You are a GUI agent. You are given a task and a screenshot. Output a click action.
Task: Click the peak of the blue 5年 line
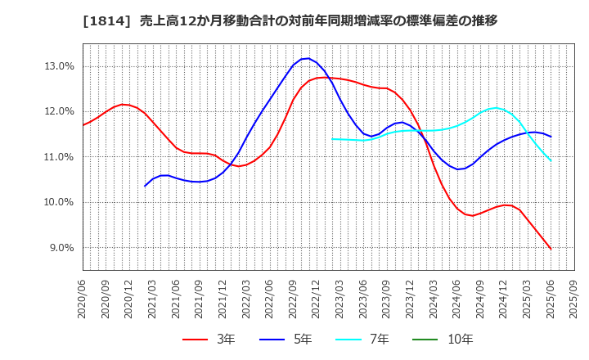point(306,58)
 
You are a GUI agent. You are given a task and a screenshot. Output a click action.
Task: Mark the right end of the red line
point(551,249)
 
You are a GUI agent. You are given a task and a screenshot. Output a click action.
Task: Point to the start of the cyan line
point(332,139)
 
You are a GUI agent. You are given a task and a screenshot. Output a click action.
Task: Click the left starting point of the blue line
point(145,187)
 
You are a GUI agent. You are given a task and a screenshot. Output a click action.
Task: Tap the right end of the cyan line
point(551,160)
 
